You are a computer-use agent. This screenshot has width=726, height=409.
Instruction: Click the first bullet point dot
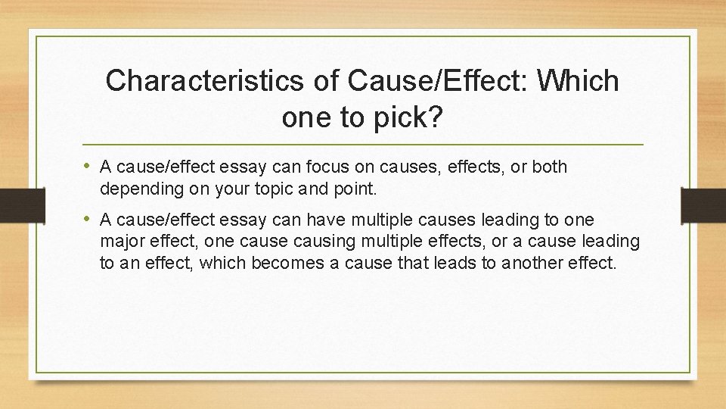coord(90,167)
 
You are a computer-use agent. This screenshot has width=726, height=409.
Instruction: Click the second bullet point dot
coord(90,220)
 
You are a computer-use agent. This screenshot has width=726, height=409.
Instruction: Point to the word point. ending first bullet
coord(354,188)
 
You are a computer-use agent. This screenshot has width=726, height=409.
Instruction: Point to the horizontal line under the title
coord(363,144)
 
